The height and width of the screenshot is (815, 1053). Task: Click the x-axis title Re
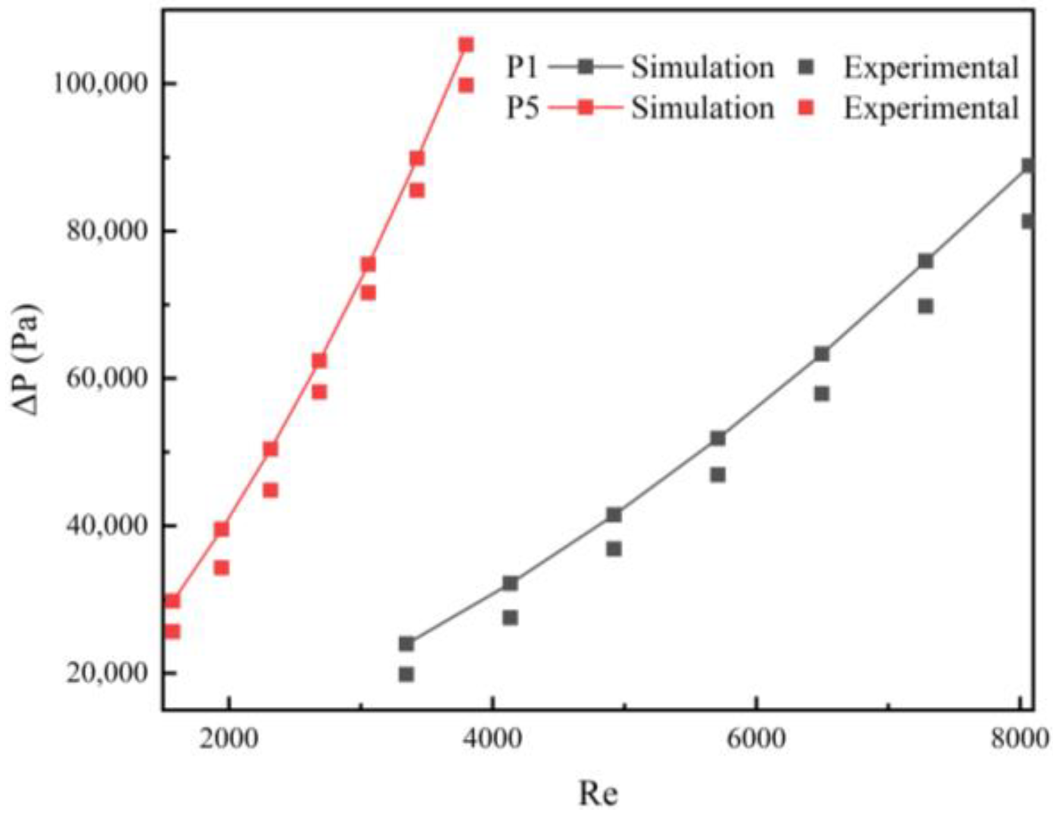pyautogui.click(x=598, y=792)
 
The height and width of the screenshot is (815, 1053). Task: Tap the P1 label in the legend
pyautogui.click(x=521, y=67)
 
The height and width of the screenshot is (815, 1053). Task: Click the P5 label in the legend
pyautogui.click(x=521, y=108)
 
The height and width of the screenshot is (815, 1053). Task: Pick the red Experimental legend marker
pyautogui.click(x=806, y=108)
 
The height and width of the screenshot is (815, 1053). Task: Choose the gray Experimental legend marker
pyautogui.click(x=806, y=67)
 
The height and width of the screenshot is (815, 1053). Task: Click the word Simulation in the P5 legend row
pyautogui.click(x=702, y=108)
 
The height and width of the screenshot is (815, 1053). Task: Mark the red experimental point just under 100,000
pyautogui.click(x=466, y=86)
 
